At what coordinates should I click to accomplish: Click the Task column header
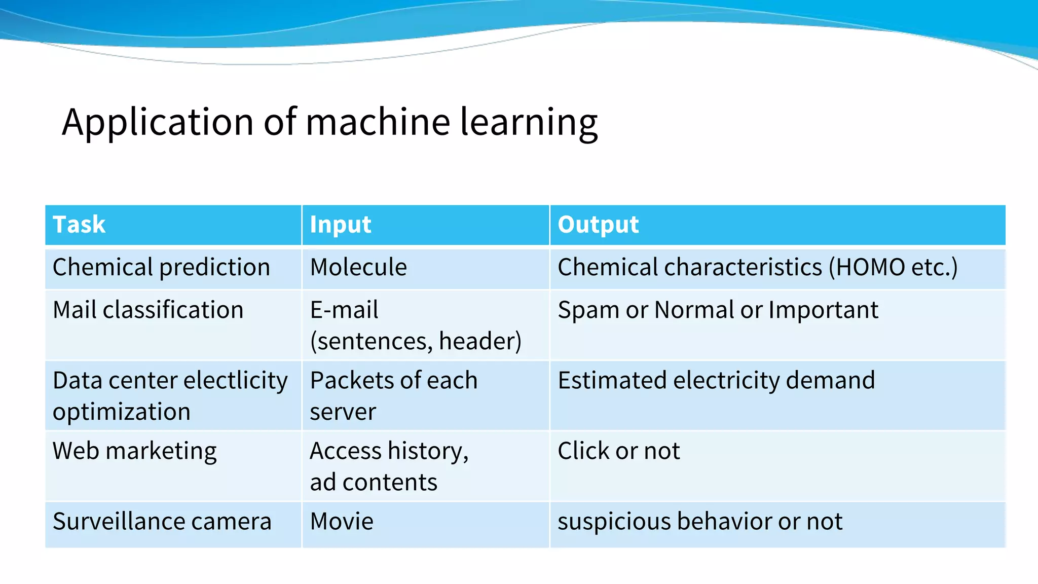click(x=79, y=225)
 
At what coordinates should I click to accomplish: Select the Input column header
click(x=340, y=225)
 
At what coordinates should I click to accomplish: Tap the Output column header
click(x=598, y=225)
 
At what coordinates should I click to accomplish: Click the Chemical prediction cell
click(x=161, y=268)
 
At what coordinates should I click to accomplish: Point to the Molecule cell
click(x=358, y=268)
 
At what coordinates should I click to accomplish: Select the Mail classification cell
click(x=148, y=310)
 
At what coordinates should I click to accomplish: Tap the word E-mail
click(x=344, y=310)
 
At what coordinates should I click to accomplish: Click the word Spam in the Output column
click(x=588, y=310)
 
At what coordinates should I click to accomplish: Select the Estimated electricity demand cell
click(x=716, y=381)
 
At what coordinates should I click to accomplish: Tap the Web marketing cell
click(x=135, y=451)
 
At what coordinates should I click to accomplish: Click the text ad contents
click(x=374, y=482)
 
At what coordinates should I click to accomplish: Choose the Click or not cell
click(x=618, y=451)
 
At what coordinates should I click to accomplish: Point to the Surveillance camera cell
click(x=162, y=522)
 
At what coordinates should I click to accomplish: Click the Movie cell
click(x=342, y=522)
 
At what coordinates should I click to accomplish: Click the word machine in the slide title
click(x=378, y=122)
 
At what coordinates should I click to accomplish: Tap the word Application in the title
click(x=158, y=123)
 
